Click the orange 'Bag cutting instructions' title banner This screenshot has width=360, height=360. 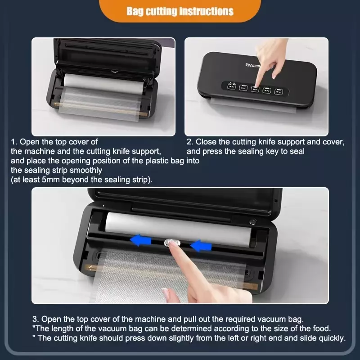tap(180, 11)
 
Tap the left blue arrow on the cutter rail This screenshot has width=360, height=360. tap(141, 240)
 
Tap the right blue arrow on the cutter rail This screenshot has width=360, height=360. tap(201, 246)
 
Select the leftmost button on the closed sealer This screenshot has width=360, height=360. tap(231, 86)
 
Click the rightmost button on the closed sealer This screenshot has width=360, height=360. tap(279, 91)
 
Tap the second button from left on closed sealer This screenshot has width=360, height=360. tap(243, 87)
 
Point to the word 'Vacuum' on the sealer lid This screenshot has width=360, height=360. tap(252, 65)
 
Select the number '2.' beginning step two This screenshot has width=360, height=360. tap(190, 142)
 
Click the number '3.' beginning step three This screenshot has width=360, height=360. tap(36, 319)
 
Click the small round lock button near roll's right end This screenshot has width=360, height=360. tap(253, 221)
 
